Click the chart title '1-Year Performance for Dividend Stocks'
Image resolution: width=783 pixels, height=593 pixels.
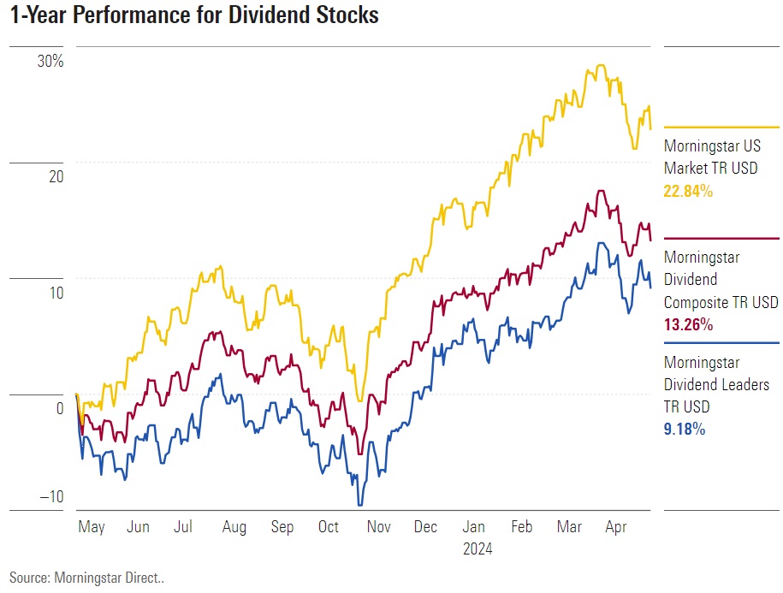[x=194, y=16]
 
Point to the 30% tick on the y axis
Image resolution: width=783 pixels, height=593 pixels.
[x=50, y=62]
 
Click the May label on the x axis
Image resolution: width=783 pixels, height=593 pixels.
[x=91, y=528]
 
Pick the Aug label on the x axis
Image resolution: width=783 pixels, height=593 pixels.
[x=234, y=528]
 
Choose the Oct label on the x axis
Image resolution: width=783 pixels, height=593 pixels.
[x=329, y=528]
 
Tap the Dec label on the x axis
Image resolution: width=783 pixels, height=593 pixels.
[x=425, y=528]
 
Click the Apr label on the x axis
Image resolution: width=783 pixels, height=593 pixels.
[x=615, y=528]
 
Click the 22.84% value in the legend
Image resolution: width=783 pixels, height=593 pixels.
[x=688, y=192]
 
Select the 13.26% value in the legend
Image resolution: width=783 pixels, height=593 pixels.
[x=688, y=325]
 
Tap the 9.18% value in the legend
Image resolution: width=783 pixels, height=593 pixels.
[x=685, y=430]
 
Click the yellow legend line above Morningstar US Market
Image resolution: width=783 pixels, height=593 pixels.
[x=721, y=127]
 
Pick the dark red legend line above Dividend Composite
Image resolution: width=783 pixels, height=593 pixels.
[x=721, y=238]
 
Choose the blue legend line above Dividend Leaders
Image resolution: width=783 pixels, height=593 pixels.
[x=721, y=342]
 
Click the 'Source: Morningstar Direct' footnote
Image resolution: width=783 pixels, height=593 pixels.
[x=86, y=578]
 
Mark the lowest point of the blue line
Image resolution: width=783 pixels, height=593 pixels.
[x=360, y=506]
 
